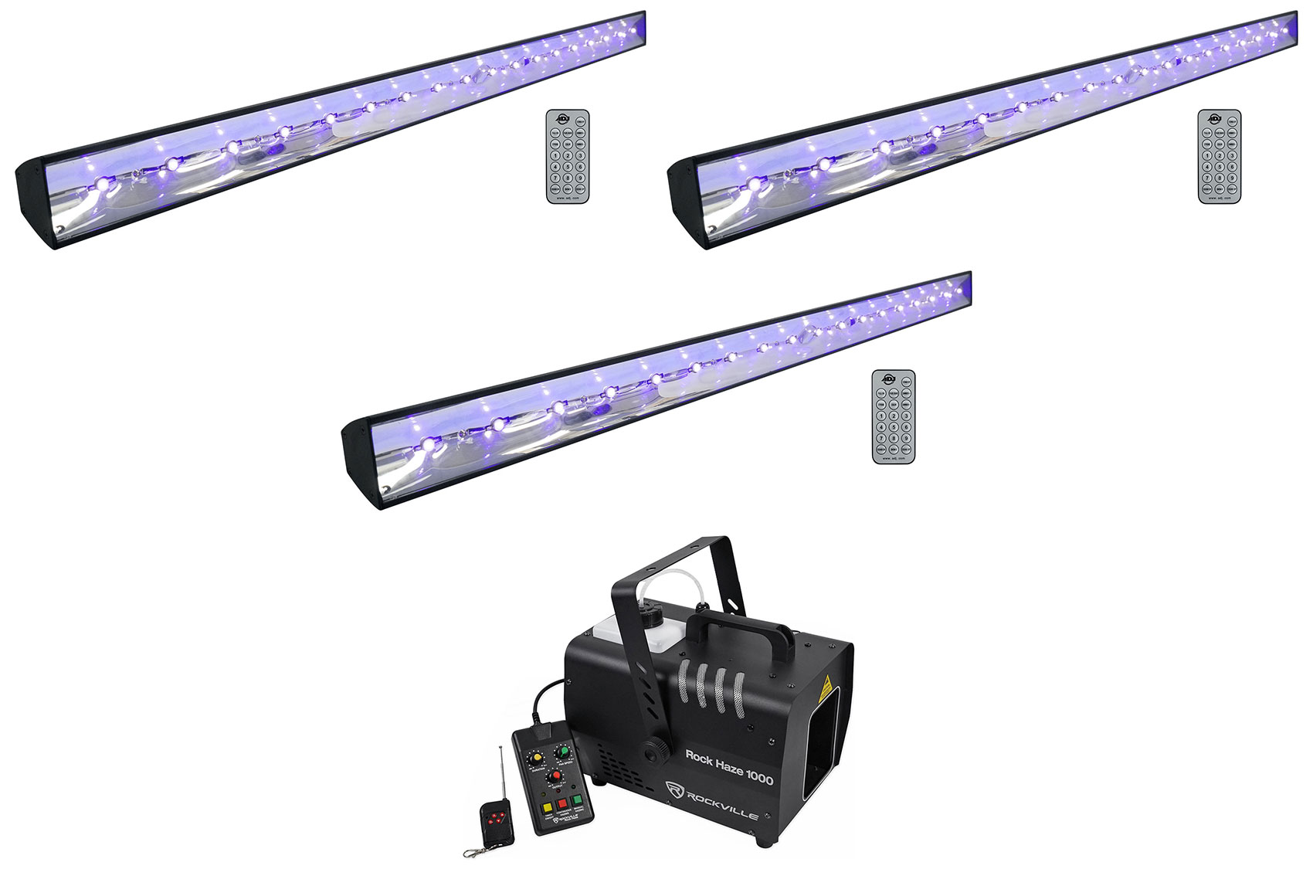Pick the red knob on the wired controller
point(554,754)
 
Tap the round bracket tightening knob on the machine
point(656,748)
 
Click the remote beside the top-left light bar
point(568,157)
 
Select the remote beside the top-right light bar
point(1219,157)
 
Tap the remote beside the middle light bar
point(893,417)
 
